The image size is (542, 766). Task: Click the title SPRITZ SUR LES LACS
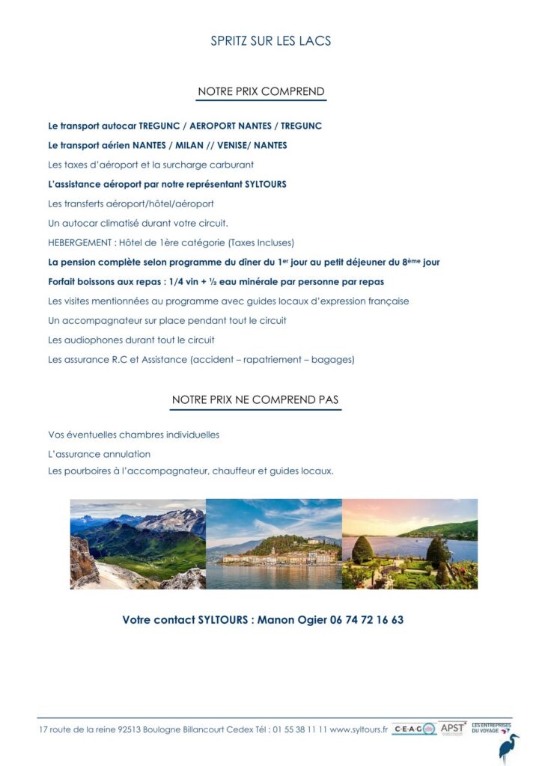tap(271, 40)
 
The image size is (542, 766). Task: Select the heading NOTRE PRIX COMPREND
tap(261, 92)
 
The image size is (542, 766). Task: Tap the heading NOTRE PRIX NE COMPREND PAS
tap(256, 399)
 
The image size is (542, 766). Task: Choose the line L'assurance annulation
tap(99, 454)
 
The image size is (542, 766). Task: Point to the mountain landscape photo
tap(138, 544)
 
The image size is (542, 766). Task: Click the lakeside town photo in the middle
tap(273, 544)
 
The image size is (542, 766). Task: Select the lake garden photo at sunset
tap(409, 544)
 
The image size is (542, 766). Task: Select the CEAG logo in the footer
tap(414, 729)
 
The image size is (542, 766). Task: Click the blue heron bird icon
tap(510, 748)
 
